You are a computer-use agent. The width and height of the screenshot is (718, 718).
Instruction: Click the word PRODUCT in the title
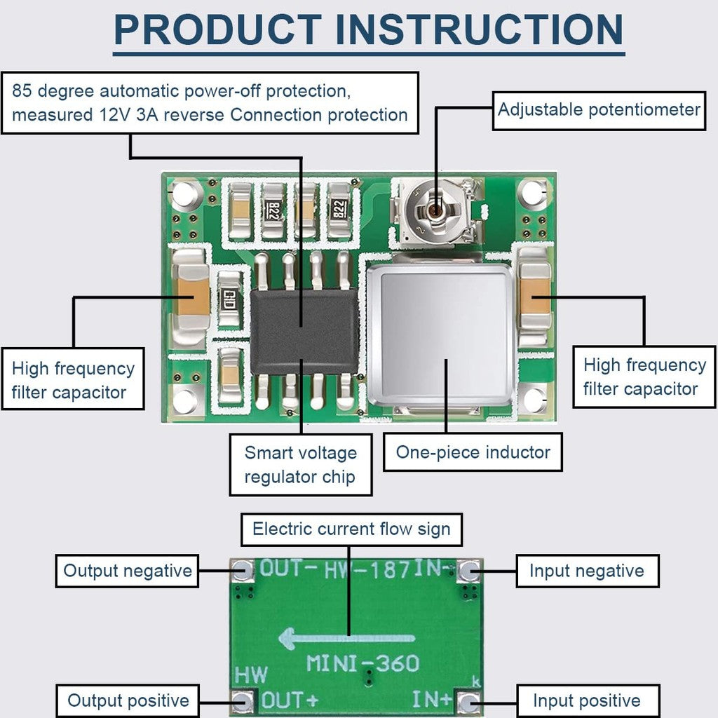(217, 29)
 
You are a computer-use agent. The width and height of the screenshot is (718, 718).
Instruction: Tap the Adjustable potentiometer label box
(599, 110)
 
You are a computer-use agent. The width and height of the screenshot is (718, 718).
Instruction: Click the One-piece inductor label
(473, 452)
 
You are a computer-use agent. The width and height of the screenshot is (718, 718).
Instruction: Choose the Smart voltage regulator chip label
(301, 465)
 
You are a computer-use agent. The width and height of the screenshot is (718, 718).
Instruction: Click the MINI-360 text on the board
(363, 663)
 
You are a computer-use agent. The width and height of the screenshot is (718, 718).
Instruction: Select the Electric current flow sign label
(351, 529)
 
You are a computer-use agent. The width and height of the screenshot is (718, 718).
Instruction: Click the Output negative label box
(128, 571)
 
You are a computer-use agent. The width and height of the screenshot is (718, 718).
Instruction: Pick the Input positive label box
(588, 700)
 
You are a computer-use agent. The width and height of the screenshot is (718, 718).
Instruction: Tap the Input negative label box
(587, 571)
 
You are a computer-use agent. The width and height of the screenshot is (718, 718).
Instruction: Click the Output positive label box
(128, 700)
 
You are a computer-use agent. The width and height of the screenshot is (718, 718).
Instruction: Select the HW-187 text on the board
(367, 569)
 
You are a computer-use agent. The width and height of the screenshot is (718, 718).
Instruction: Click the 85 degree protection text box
(210, 102)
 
